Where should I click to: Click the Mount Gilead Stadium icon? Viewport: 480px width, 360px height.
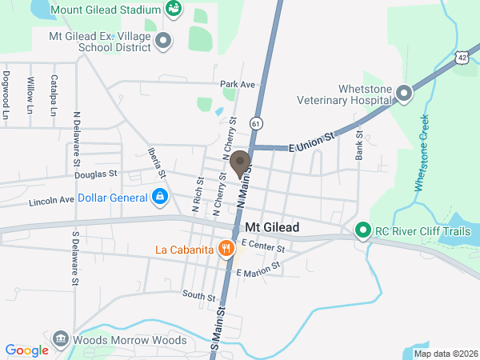click(173, 9)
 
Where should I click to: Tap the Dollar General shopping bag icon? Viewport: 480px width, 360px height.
click(160, 195)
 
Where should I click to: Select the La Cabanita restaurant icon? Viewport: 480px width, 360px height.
click(227, 249)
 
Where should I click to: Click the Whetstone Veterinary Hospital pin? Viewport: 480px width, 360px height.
click(404, 94)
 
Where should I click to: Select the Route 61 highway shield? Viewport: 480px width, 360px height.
click(254, 124)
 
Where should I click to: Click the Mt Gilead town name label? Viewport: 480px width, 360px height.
click(272, 228)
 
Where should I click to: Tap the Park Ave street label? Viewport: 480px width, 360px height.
click(238, 84)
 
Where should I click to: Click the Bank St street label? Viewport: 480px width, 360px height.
click(360, 145)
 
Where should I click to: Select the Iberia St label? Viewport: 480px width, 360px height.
click(157, 162)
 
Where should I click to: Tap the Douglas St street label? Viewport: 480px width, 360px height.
click(96, 174)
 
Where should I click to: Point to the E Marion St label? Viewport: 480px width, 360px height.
click(258, 269)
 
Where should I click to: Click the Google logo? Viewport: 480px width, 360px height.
click(26, 350)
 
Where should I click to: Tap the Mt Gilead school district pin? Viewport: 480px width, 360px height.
click(163, 40)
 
